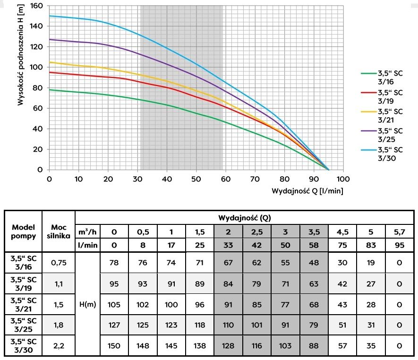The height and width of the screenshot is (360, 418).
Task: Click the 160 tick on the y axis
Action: click(36, 6)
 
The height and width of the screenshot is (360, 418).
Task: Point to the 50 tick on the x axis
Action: click(196, 180)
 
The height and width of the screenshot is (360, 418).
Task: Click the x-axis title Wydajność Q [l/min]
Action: click(307, 191)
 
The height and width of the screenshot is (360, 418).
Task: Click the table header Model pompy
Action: click(23, 231)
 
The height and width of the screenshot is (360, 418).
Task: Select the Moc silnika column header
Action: click(59, 231)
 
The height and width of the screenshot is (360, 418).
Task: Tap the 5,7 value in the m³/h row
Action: click(400, 232)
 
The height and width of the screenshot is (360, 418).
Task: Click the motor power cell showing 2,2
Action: click(59, 346)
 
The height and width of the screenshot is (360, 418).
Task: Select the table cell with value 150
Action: click(114, 346)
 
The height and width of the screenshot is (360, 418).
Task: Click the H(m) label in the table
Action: click(87, 305)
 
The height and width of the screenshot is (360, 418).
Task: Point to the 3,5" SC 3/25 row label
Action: click(23, 325)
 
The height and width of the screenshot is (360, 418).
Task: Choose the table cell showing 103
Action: click(285, 346)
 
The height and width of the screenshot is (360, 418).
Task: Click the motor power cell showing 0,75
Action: click(59, 263)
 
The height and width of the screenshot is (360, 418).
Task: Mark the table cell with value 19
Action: click(371, 263)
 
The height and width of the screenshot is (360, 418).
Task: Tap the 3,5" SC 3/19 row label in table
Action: click(23, 283)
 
